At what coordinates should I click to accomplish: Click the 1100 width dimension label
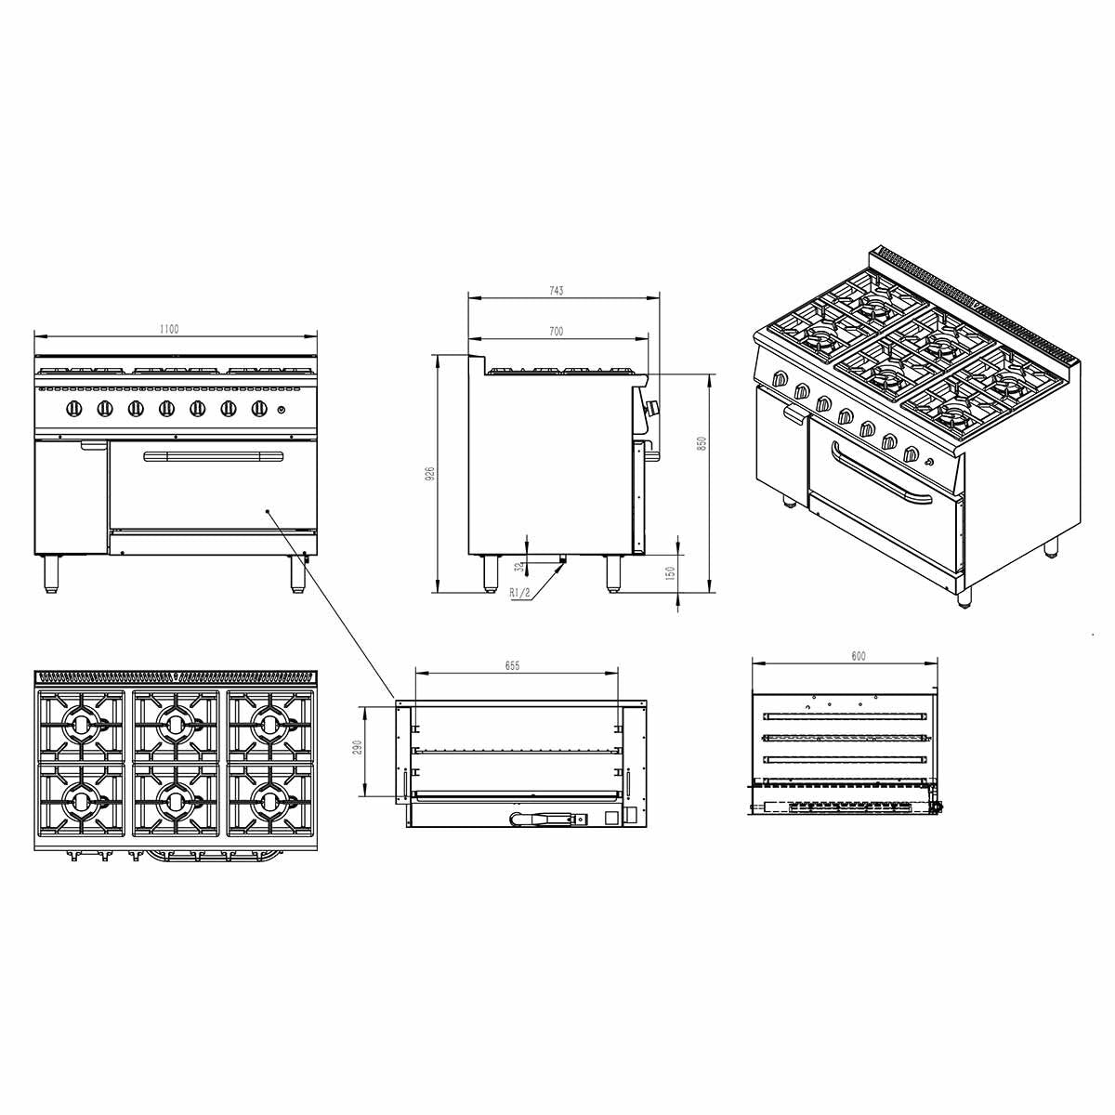pos(168,328)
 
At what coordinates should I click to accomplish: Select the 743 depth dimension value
pos(556,291)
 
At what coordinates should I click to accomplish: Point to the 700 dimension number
pos(556,331)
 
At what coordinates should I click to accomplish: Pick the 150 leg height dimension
pos(671,575)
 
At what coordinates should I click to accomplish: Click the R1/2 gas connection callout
pos(520,592)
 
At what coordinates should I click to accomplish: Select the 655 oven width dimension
pos(512,665)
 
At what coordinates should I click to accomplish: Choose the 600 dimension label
pos(858,656)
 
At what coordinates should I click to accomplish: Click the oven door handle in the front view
pos(213,454)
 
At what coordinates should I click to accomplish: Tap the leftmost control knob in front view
pos(75,408)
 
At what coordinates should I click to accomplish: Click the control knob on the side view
pos(652,407)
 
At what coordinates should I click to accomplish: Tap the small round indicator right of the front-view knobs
pos(283,409)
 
